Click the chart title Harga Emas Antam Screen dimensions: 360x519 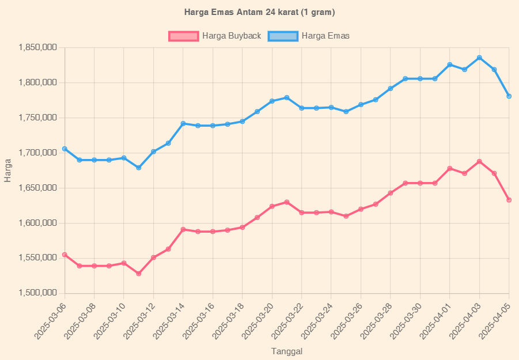[259, 12]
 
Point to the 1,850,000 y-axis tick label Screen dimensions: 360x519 [37, 47]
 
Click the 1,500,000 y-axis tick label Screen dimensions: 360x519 [37, 293]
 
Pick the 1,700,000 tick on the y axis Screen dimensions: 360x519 [37, 153]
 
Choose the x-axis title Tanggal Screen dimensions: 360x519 [287, 351]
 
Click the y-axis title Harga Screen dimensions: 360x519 [7, 170]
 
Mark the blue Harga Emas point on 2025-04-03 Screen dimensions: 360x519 [479, 58]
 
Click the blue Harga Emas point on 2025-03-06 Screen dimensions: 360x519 [65, 149]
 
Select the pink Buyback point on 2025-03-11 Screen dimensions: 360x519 [139, 274]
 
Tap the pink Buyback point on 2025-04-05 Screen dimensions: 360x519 [509, 200]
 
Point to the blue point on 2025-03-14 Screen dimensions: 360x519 [183, 123]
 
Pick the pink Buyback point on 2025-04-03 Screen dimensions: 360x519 [479, 161]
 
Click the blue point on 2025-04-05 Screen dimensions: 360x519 [509, 96]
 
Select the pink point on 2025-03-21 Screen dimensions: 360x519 [287, 202]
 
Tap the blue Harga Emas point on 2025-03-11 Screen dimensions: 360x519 [139, 168]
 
